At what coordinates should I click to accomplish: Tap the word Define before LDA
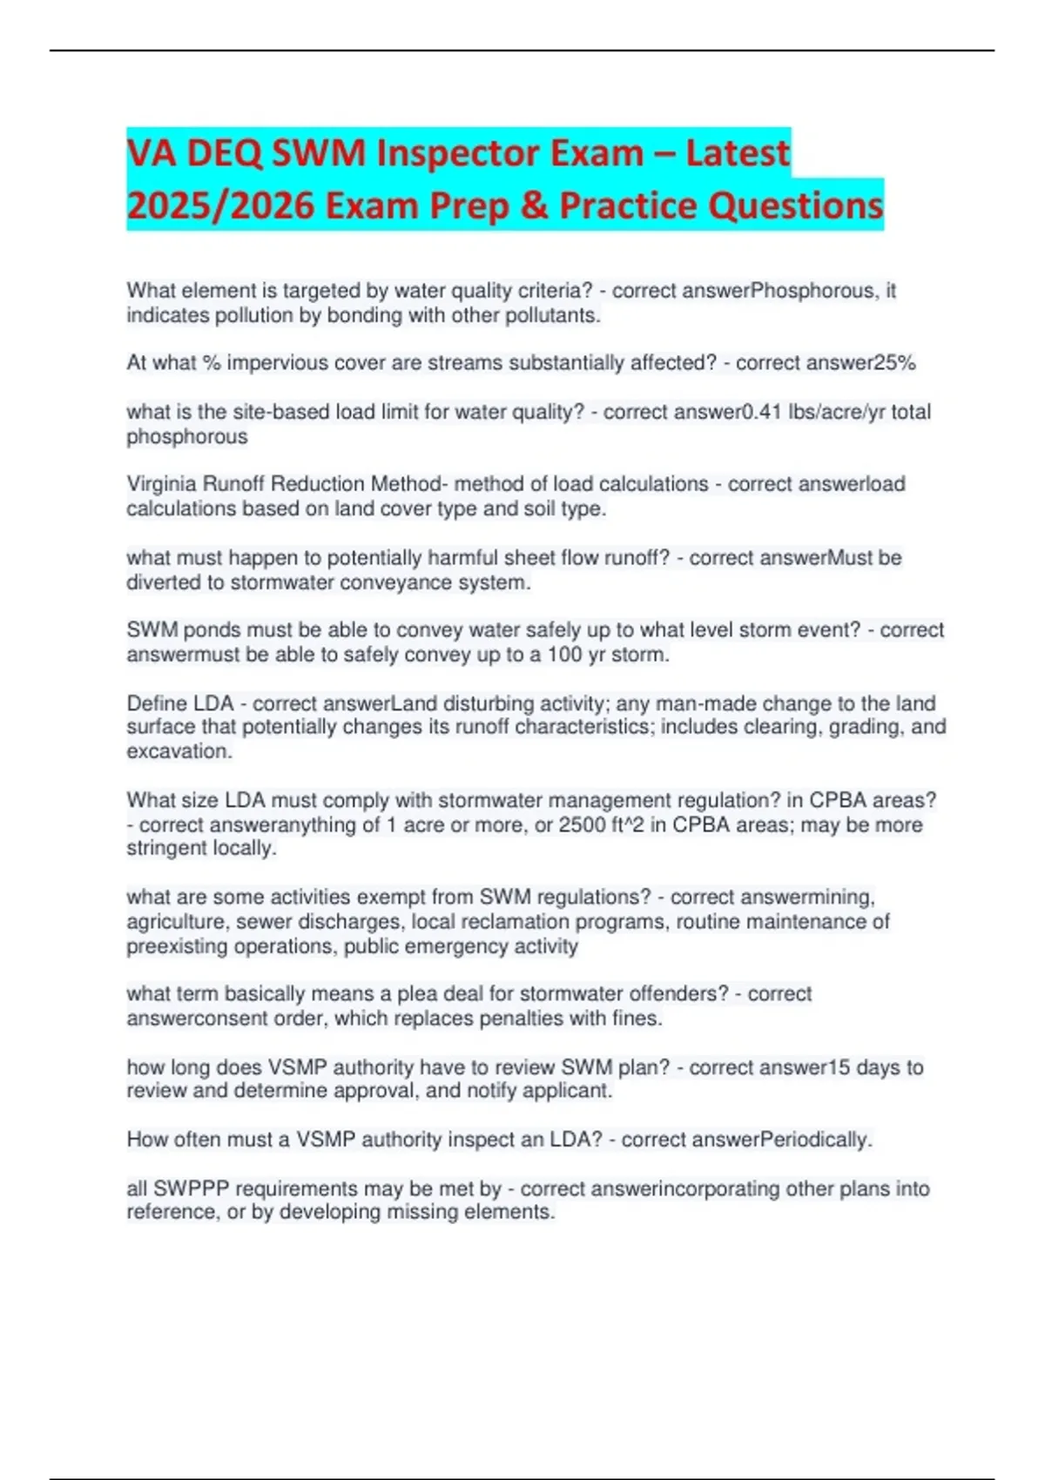pyautogui.click(x=157, y=703)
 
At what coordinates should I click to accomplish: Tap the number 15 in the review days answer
pyautogui.click(x=838, y=1067)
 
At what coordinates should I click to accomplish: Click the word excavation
pyautogui.click(x=179, y=751)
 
